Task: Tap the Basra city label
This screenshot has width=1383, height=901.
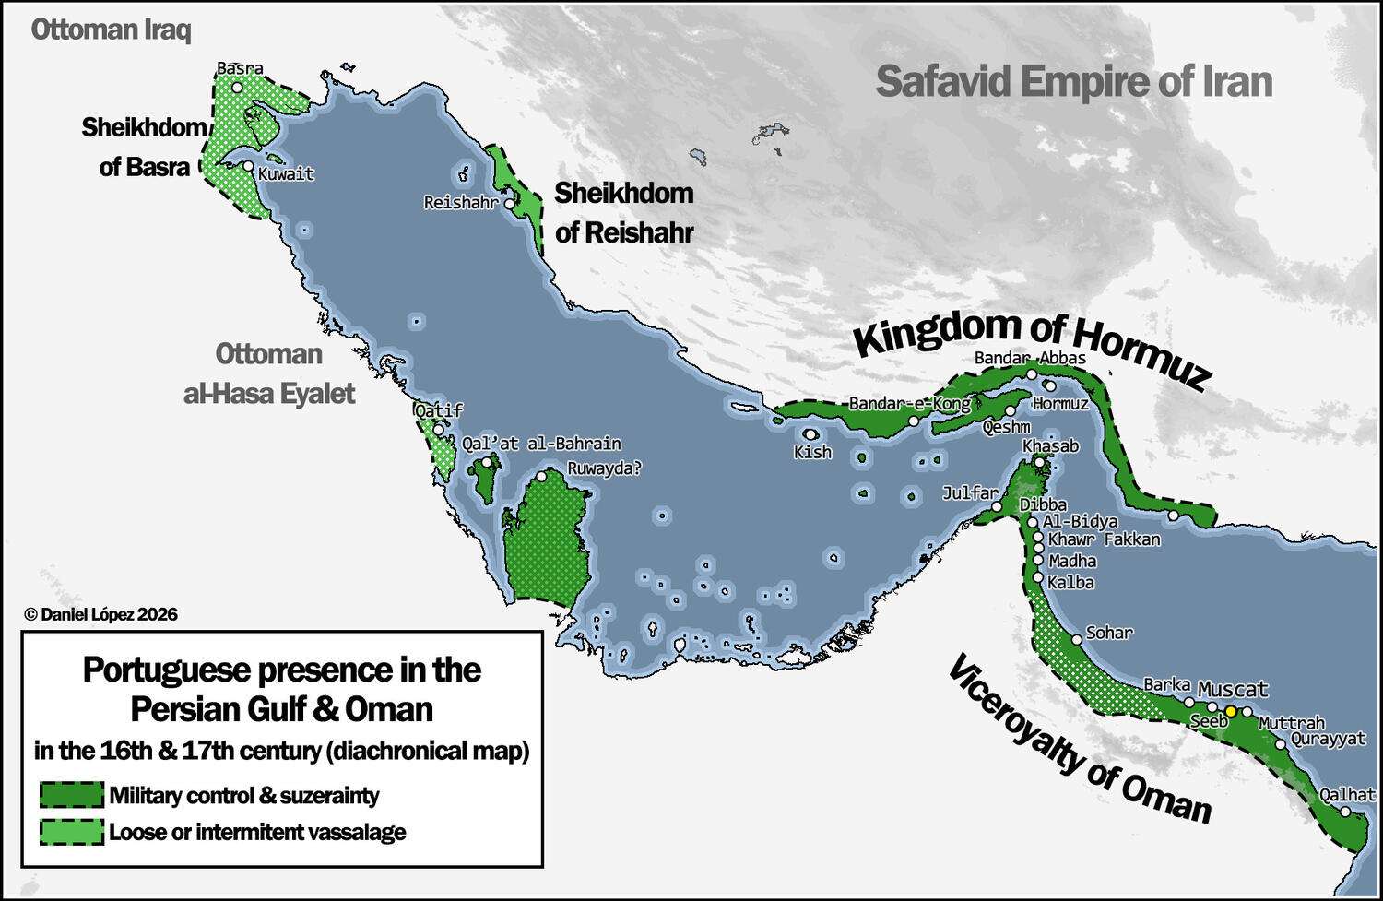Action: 240,68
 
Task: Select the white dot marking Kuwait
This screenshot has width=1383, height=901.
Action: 248,167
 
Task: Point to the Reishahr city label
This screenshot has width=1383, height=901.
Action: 461,202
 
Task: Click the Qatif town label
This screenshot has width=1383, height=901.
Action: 438,410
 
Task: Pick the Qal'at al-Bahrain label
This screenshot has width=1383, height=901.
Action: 541,444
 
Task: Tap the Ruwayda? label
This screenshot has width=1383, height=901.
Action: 604,468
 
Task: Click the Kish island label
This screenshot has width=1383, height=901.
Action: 812,452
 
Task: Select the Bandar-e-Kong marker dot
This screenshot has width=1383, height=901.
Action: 913,421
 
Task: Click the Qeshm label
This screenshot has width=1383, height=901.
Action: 1006,427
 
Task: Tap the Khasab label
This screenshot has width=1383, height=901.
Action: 1050,445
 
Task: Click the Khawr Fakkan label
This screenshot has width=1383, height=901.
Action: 1104,539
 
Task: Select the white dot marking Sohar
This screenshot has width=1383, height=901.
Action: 1076,639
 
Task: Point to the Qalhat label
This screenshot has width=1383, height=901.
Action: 1347,794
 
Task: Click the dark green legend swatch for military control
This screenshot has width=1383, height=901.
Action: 71,795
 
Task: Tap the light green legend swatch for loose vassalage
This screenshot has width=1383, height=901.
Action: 71,832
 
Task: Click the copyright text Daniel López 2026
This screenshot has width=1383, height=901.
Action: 100,614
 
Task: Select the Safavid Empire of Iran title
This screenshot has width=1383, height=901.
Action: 1073,81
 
